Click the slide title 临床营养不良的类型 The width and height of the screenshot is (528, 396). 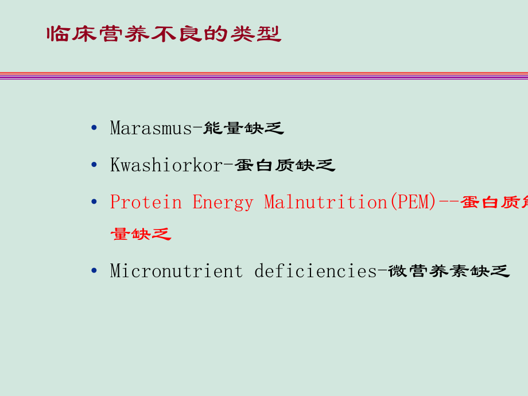(x=164, y=34)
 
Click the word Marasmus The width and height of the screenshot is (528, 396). (x=150, y=128)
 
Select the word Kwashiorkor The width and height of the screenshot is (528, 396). (x=166, y=165)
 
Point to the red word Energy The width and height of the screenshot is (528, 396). (x=222, y=202)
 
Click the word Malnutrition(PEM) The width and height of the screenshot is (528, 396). (x=350, y=202)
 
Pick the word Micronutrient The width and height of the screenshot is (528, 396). (x=176, y=270)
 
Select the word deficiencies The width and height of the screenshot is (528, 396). (x=315, y=270)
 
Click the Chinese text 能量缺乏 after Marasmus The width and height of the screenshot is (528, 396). (x=243, y=128)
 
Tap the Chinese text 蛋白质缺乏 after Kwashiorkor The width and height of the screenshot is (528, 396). (x=285, y=165)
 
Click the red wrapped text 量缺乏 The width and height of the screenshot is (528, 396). (x=141, y=234)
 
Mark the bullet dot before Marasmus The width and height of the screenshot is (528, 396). (x=94, y=127)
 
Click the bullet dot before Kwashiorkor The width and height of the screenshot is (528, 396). (x=94, y=165)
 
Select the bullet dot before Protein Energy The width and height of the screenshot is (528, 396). (x=94, y=201)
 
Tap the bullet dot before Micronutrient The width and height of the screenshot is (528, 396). (x=94, y=270)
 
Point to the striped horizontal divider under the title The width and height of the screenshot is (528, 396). (x=264, y=76)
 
